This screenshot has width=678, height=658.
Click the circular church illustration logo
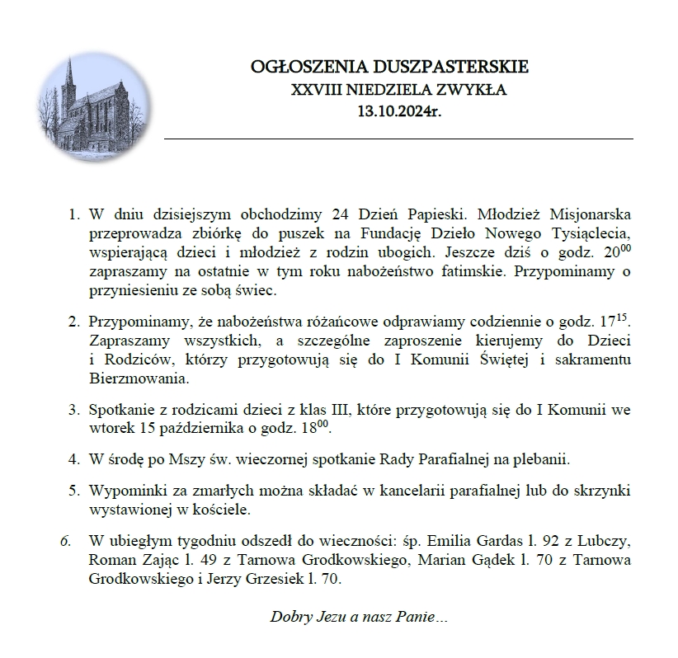96,105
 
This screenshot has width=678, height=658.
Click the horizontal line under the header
398,139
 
